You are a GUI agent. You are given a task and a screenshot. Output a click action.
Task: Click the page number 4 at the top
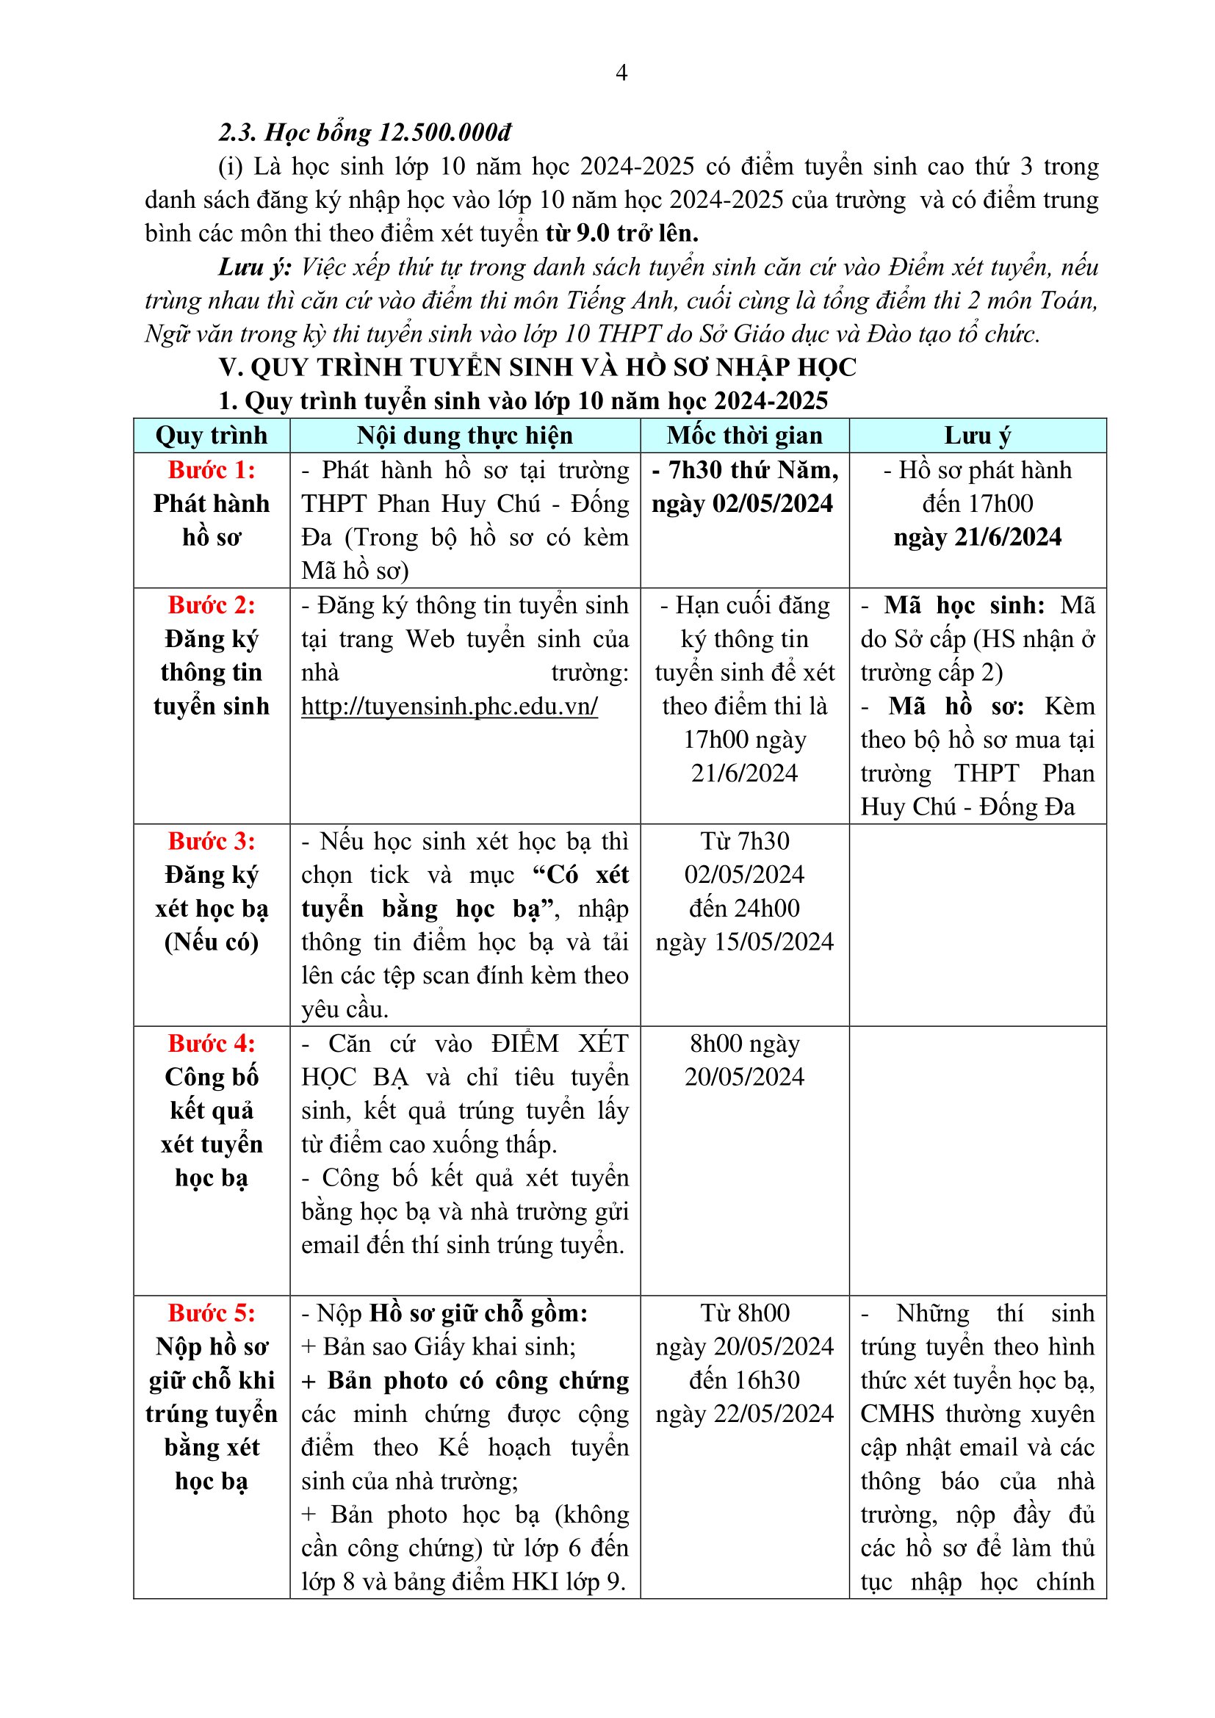620,73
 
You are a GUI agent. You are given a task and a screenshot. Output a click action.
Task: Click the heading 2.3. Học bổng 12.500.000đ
364,132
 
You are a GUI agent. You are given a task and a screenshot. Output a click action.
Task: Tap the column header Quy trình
211,436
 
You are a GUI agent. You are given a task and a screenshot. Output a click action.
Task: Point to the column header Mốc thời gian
743,436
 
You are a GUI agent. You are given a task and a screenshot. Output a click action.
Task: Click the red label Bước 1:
211,470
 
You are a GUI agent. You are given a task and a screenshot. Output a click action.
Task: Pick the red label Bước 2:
211,605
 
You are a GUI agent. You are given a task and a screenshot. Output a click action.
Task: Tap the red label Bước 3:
211,842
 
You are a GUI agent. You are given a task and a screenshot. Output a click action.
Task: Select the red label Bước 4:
211,1044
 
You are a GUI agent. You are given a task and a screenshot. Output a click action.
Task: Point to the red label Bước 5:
211,1313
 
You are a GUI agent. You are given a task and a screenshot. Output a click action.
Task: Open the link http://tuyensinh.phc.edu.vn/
449,707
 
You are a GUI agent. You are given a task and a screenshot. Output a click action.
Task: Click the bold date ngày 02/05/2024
741,504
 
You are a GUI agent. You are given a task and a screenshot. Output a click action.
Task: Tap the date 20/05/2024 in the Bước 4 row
743,1078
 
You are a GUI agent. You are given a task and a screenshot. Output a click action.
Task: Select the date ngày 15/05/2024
743,942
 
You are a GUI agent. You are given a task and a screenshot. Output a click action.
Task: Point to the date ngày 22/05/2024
743,1413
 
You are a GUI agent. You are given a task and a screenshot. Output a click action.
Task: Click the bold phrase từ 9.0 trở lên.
621,234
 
